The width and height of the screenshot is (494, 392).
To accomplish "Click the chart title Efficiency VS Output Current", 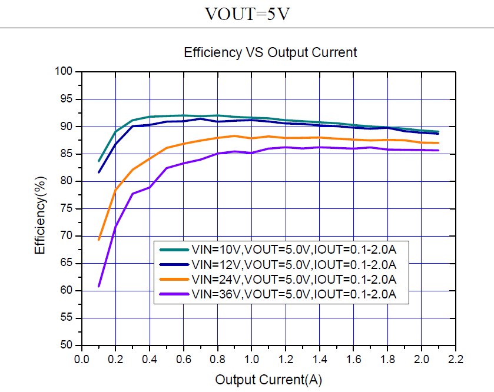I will pos(270,52).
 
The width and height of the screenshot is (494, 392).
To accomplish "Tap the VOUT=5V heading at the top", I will pos(247,14).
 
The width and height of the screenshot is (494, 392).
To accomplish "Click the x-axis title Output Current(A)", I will pos(268,380).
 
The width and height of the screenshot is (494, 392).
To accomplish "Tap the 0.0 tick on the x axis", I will pos(81,359).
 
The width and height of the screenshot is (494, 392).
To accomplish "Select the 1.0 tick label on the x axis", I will pos(251,359).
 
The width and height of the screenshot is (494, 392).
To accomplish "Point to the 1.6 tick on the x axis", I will pos(354,359).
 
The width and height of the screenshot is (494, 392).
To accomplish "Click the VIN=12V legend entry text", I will pos(293,264).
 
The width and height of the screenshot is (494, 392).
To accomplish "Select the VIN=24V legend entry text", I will pos(293,279).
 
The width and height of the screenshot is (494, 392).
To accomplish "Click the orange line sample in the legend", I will pos(173,279).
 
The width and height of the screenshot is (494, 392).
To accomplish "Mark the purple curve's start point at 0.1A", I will pos(98,286).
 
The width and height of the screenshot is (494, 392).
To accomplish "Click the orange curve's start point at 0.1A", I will pos(98,240).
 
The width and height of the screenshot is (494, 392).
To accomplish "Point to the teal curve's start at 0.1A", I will pos(98,161).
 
